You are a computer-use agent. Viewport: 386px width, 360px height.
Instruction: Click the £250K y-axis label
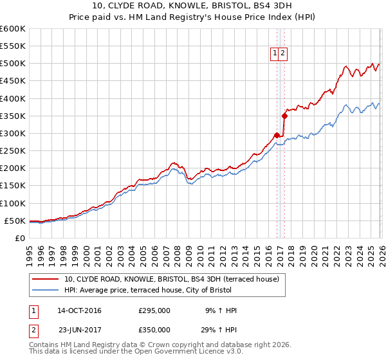(13, 151)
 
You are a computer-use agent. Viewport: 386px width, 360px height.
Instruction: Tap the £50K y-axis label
(15, 221)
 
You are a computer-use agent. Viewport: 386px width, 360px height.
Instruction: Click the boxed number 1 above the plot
(275, 54)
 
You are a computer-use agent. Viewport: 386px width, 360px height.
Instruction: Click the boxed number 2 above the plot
(283, 54)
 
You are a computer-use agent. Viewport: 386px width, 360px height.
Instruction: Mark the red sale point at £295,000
(277, 135)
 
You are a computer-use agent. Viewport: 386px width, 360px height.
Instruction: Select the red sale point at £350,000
(284, 116)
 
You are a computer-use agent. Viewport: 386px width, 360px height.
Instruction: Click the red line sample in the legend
(46, 280)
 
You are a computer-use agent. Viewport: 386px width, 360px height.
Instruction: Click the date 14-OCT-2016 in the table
(79, 310)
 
